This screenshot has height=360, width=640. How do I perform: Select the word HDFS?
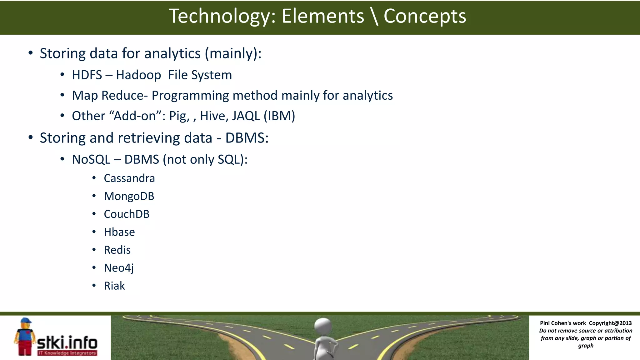[x=87, y=75]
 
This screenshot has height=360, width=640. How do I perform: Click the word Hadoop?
[x=138, y=75]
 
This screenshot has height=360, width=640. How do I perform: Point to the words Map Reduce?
[x=108, y=95]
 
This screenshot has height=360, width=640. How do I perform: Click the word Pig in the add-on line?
[x=178, y=116]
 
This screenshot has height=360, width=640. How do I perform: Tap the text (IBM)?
[x=279, y=116]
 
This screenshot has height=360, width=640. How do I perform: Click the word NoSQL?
[x=91, y=159]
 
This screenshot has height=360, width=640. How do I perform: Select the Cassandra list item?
[x=129, y=178]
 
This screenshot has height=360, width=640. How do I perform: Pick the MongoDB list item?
[x=129, y=196]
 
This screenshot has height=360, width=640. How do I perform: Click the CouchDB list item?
[x=127, y=214]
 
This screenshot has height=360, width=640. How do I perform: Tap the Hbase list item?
[x=119, y=232]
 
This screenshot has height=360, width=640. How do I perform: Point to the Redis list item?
[x=117, y=250]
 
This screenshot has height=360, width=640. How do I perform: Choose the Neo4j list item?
[x=119, y=268]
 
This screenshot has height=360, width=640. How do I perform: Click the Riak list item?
[x=114, y=286]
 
